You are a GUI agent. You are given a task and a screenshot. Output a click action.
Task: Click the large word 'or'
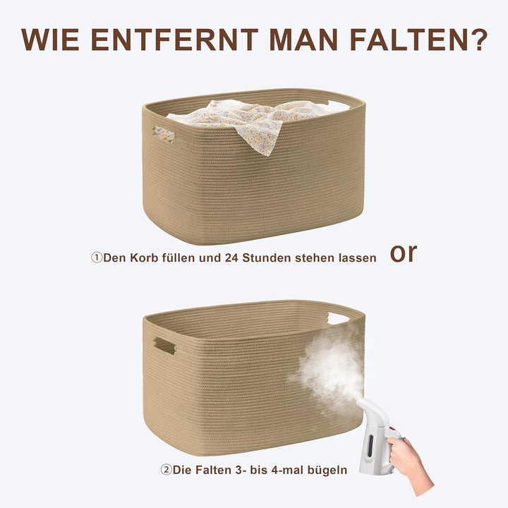coord(404,253)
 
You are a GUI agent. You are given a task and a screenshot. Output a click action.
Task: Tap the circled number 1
coord(97,258)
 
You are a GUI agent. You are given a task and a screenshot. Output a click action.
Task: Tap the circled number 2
coord(167,468)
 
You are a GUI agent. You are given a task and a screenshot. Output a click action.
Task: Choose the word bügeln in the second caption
coord(327,468)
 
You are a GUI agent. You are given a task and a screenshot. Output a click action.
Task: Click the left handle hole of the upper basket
coord(164,134)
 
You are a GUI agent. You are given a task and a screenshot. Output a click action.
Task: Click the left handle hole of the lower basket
coord(164,346)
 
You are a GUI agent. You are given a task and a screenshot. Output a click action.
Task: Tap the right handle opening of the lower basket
coord(338,318)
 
